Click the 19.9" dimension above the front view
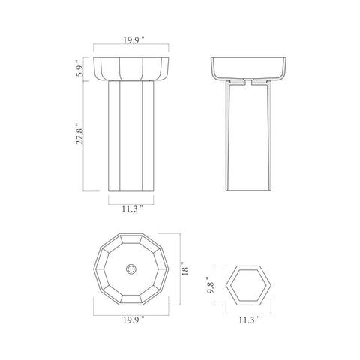[x=131, y=43]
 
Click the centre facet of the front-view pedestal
[x=131, y=135]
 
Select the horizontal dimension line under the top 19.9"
[x=131, y=50]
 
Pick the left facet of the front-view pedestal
[x=115, y=135]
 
